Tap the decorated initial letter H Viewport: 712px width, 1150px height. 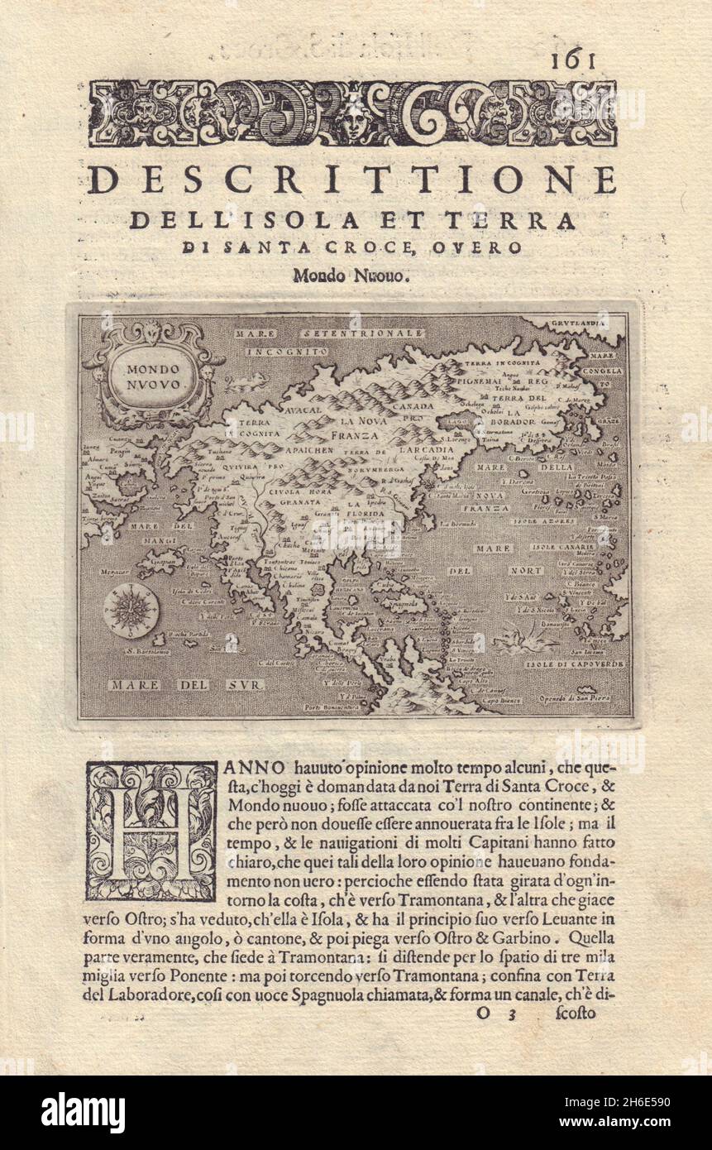click(x=151, y=831)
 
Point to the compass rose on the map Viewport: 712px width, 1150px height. click(x=131, y=610)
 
